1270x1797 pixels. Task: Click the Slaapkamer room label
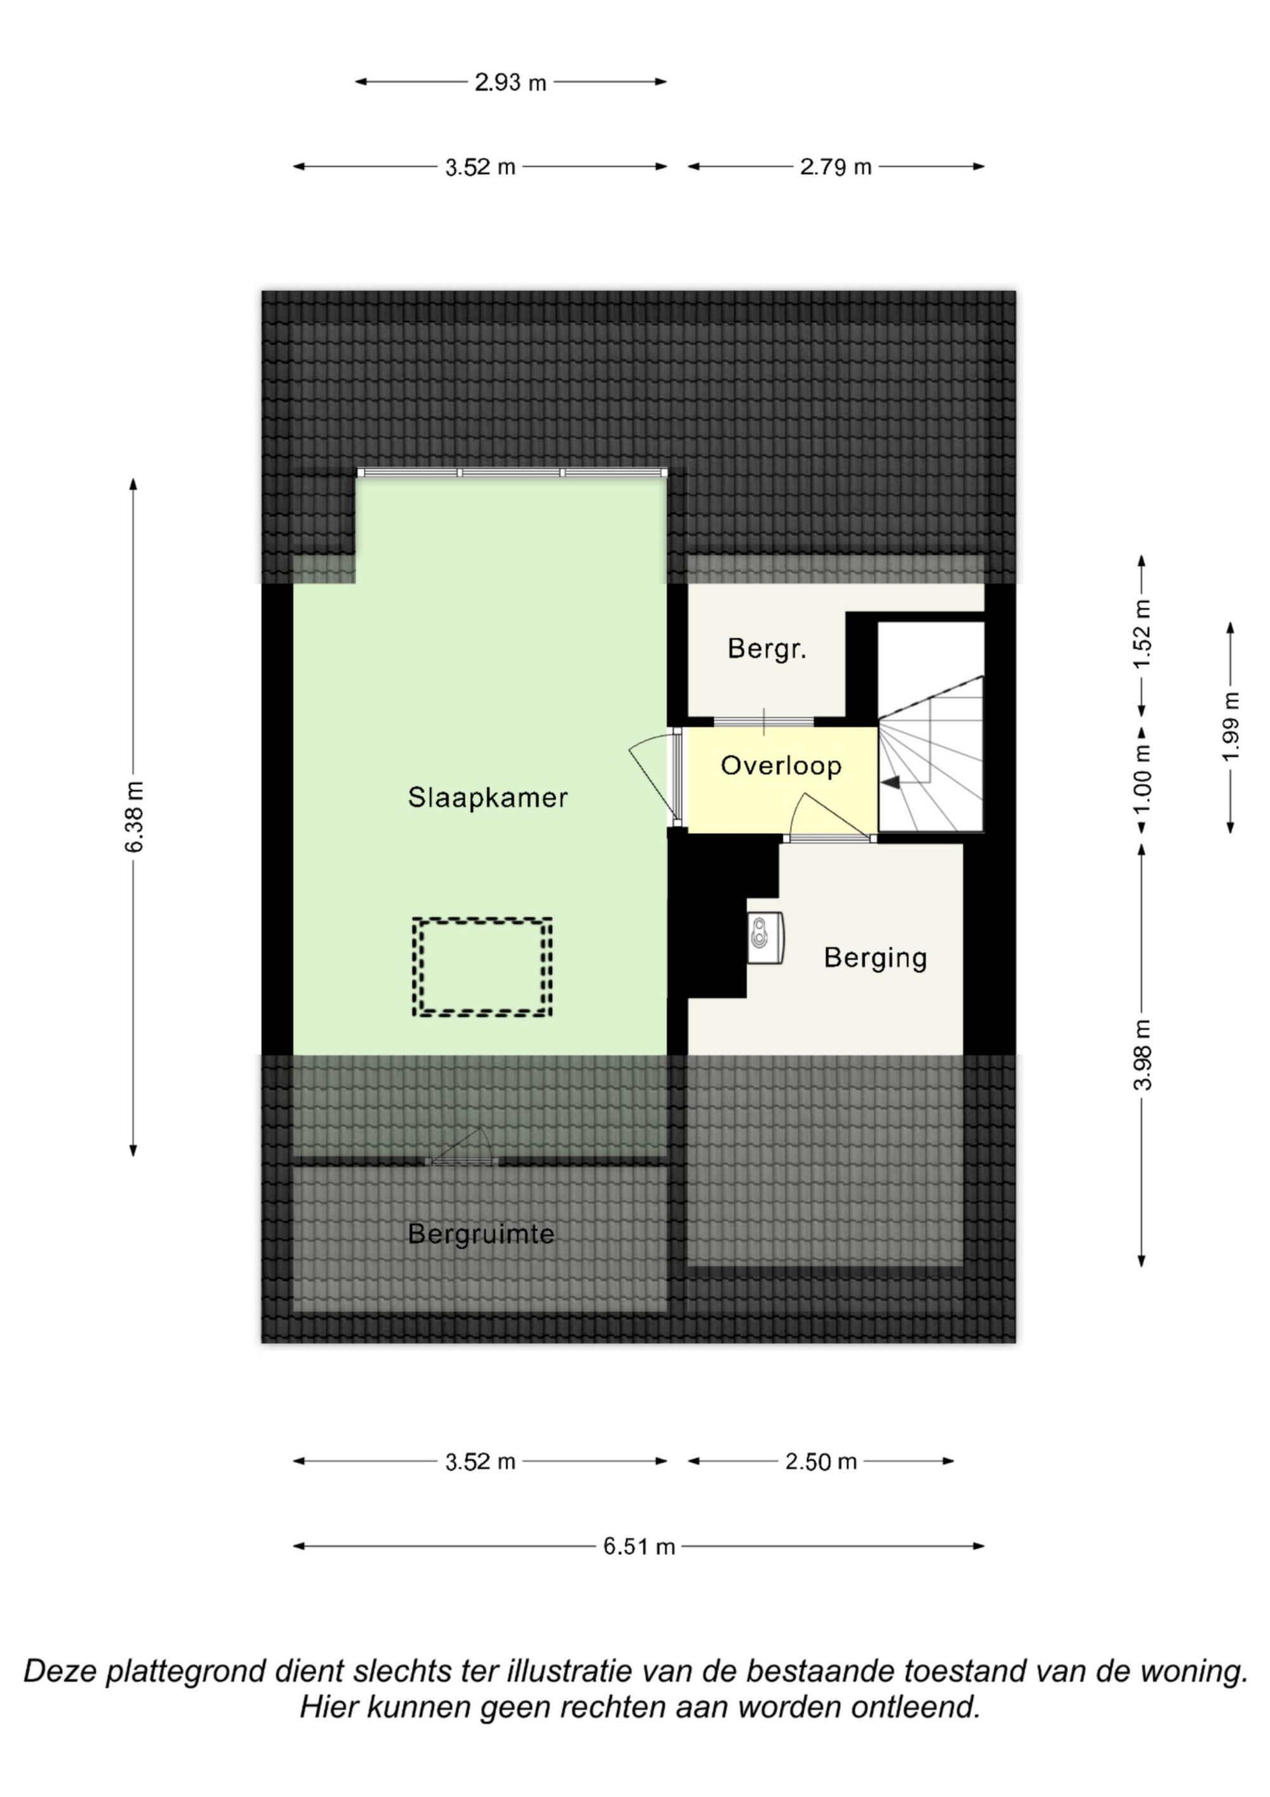coord(488,798)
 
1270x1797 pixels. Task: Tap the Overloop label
coord(781,765)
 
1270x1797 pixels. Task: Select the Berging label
coord(875,958)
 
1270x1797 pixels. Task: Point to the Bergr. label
coord(767,649)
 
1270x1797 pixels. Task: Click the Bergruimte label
coord(481,1234)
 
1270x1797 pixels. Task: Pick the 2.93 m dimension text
coord(510,82)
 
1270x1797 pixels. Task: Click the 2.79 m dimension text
coord(835,166)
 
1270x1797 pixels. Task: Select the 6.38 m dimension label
coord(135,816)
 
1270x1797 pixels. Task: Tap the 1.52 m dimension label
coord(1142,634)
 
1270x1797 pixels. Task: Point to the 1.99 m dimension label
coord(1231,726)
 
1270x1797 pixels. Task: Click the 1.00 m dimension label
coord(1142,778)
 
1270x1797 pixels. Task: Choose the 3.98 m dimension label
coord(1142,1055)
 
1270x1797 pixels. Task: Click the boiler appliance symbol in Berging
coord(765,937)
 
